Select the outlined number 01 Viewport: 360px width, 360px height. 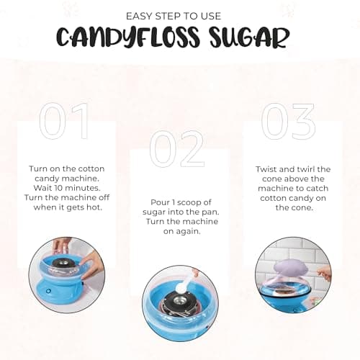65,121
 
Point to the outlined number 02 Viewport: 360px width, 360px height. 176,149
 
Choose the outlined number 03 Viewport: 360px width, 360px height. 288,121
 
